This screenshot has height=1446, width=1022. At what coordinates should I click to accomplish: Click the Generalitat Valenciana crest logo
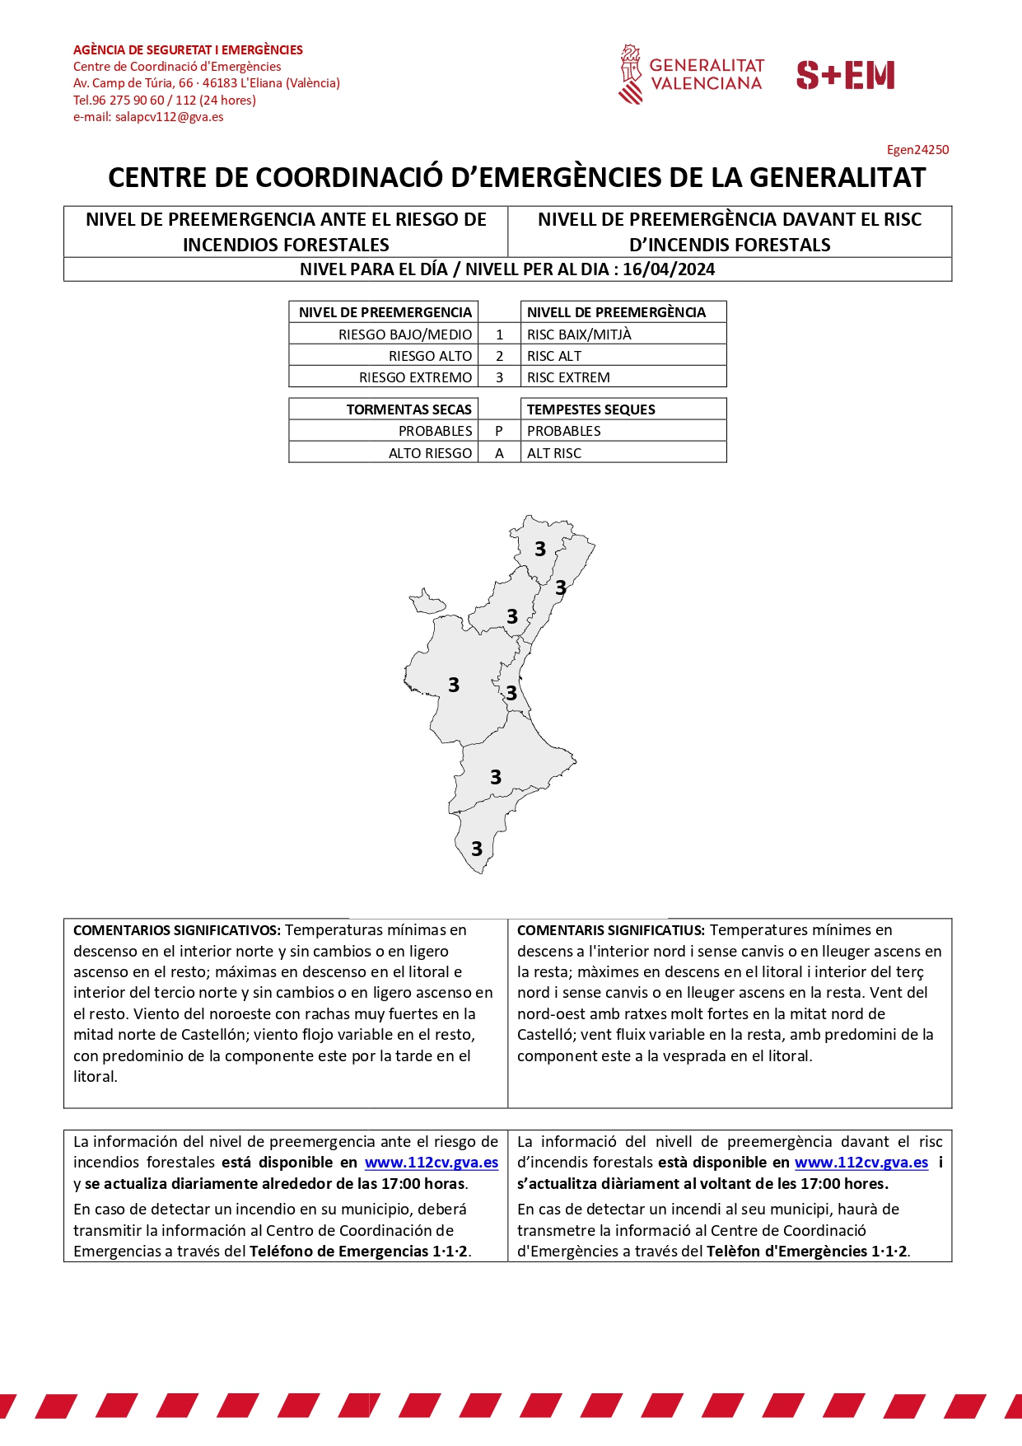631,74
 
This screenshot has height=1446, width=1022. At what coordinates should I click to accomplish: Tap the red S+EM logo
845,75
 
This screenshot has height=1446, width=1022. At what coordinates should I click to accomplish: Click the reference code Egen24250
917,150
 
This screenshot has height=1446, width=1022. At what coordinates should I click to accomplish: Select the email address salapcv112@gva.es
169,117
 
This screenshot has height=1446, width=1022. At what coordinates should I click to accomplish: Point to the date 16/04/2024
669,269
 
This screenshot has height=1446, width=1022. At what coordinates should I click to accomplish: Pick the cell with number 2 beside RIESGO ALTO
499,356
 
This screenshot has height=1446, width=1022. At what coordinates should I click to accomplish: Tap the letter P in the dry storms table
499,431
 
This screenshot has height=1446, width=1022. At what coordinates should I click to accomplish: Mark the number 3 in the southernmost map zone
477,849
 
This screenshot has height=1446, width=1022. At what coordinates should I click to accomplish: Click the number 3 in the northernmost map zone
540,549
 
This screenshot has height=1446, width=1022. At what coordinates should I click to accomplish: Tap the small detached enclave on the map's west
426,602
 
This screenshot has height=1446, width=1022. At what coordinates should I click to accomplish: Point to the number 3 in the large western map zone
454,685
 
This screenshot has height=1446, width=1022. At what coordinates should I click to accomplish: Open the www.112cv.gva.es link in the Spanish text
432,1163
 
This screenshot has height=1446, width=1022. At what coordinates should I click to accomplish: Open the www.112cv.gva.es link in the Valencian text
861,1163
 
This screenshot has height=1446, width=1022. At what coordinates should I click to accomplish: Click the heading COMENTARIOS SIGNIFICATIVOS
177,930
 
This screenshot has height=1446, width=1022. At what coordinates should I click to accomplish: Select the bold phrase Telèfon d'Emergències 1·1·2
807,1251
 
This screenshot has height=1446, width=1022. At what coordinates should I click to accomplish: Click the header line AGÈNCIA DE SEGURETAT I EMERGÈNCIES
188,50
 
